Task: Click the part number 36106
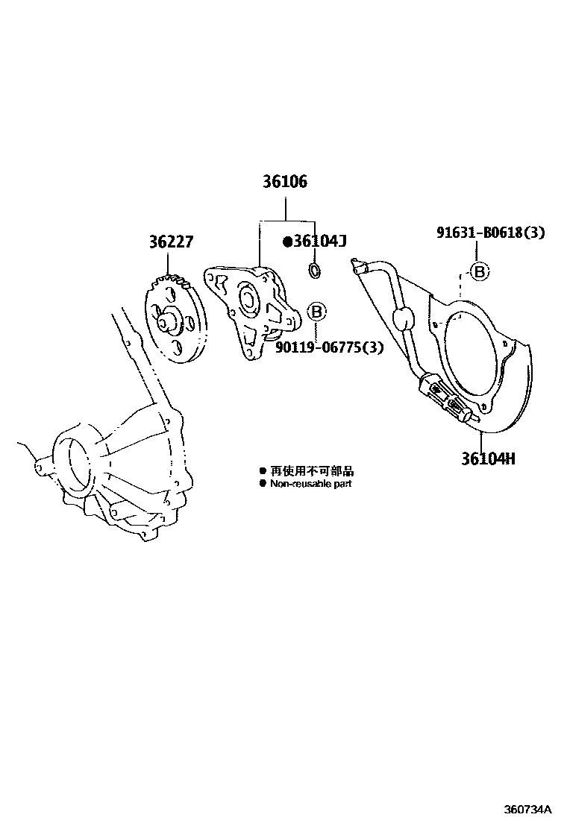click(284, 182)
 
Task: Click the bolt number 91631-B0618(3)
click(490, 233)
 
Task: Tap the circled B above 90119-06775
click(316, 312)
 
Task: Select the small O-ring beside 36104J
click(315, 270)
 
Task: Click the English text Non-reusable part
click(310, 483)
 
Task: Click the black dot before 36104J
click(286, 241)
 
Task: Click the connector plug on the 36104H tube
click(441, 394)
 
